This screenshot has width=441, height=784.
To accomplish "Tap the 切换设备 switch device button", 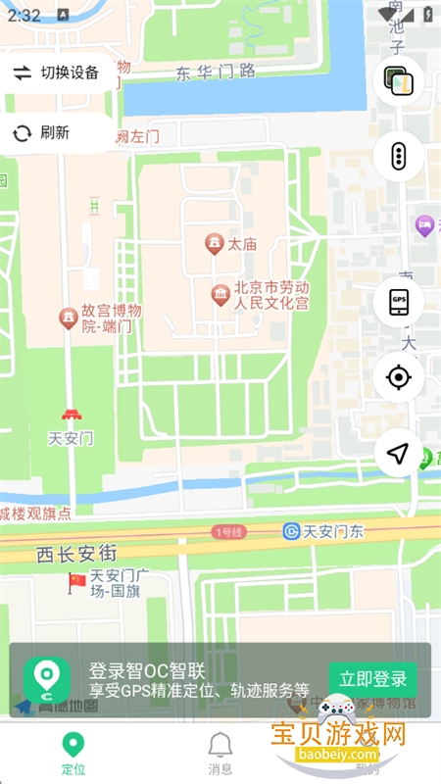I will [x=56, y=73].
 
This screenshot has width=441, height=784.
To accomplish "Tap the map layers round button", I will [x=399, y=81].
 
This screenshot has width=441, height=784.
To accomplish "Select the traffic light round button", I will [x=399, y=156].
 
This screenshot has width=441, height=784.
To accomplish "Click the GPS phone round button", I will [x=399, y=302].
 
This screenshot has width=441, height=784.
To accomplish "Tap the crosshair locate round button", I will [x=399, y=377].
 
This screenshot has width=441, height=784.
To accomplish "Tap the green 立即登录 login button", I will [x=372, y=679].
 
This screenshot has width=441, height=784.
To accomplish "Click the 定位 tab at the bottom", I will [x=72, y=752].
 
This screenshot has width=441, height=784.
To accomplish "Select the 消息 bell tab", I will [x=220, y=752].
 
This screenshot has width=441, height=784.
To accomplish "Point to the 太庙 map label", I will [x=241, y=244].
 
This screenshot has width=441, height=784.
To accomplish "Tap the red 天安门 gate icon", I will [x=71, y=416].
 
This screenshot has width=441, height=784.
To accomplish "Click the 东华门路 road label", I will [x=216, y=71].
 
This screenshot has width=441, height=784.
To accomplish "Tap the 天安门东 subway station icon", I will [x=290, y=531].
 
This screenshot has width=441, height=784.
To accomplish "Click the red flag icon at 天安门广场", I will [x=76, y=582].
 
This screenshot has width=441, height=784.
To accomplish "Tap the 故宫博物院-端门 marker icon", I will [x=69, y=318].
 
